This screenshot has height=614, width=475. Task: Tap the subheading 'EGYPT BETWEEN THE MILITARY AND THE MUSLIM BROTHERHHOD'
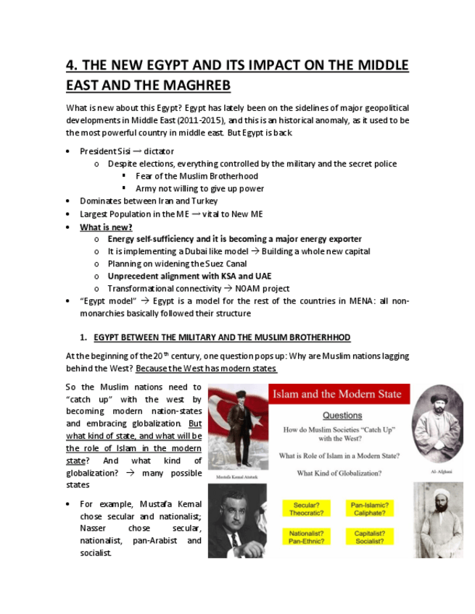click(x=222, y=337)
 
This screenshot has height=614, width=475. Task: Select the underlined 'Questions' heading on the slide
click(x=342, y=416)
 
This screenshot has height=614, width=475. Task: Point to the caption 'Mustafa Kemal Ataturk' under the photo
click(x=236, y=479)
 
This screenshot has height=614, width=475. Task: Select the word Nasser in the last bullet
click(x=95, y=529)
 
